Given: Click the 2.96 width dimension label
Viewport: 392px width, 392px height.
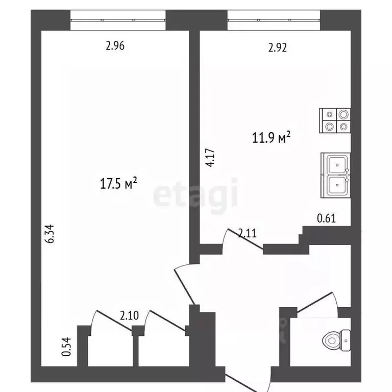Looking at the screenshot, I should pyautogui.click(x=115, y=46).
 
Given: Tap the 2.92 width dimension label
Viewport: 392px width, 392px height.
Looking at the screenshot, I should pyautogui.click(x=278, y=48).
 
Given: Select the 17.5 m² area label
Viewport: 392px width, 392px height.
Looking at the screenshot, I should pyautogui.click(x=120, y=183).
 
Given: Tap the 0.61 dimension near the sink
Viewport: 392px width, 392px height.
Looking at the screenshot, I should pyautogui.click(x=326, y=219).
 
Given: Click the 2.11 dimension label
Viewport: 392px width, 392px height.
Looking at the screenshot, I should pyautogui.click(x=248, y=233).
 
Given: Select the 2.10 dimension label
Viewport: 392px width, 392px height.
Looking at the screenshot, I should pyautogui.click(x=129, y=315).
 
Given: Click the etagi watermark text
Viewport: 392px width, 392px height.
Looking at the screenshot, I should pyautogui.click(x=196, y=196).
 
